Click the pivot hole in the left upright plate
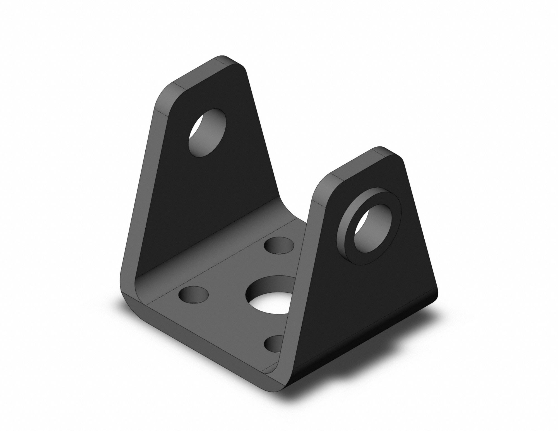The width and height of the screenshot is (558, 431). [207, 133]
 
